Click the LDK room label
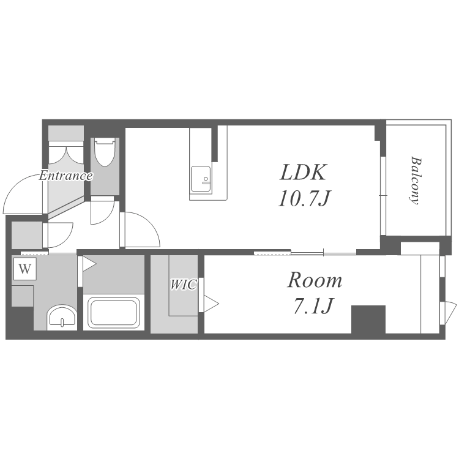303,172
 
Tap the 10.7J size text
304,199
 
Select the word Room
315,280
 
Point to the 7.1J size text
313,306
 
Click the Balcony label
415,181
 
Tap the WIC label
183,285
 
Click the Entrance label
66,176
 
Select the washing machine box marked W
24,269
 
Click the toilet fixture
104,152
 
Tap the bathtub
114,313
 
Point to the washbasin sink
62,318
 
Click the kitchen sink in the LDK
201,180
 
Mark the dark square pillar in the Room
368,319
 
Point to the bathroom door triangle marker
89,264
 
